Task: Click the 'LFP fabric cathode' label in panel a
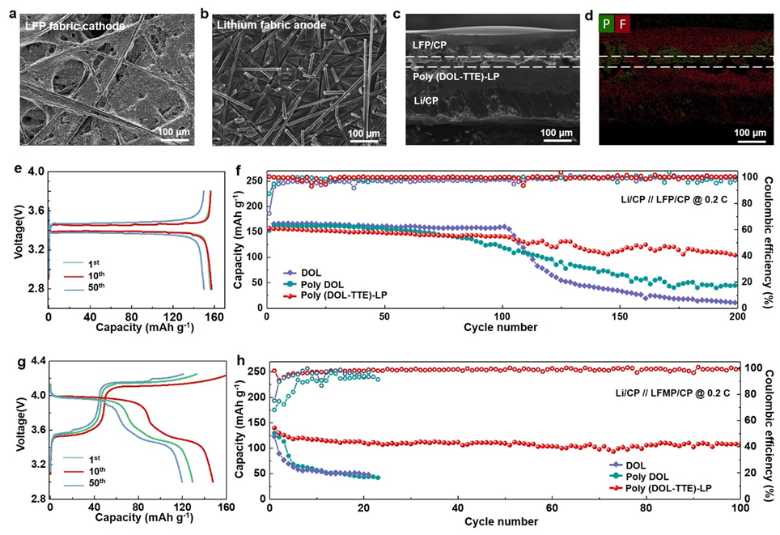75,27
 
